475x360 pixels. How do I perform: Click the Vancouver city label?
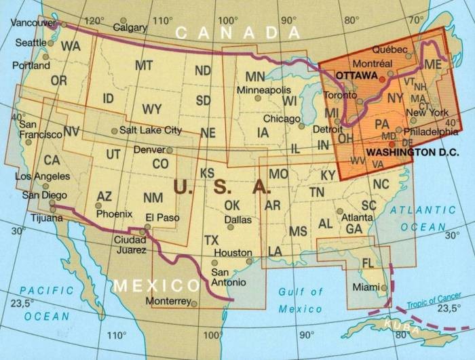[x=33, y=22]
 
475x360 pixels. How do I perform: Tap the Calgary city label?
[x=130, y=28]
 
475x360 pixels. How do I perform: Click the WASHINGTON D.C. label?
[x=412, y=153]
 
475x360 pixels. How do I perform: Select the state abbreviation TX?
[x=212, y=240]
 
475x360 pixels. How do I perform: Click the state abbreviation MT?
[x=143, y=66]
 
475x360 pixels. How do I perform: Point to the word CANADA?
[x=237, y=33]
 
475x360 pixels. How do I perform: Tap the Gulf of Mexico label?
[x=300, y=300]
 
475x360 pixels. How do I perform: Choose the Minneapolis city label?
[x=269, y=89]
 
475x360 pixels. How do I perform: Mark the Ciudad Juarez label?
[x=130, y=245]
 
